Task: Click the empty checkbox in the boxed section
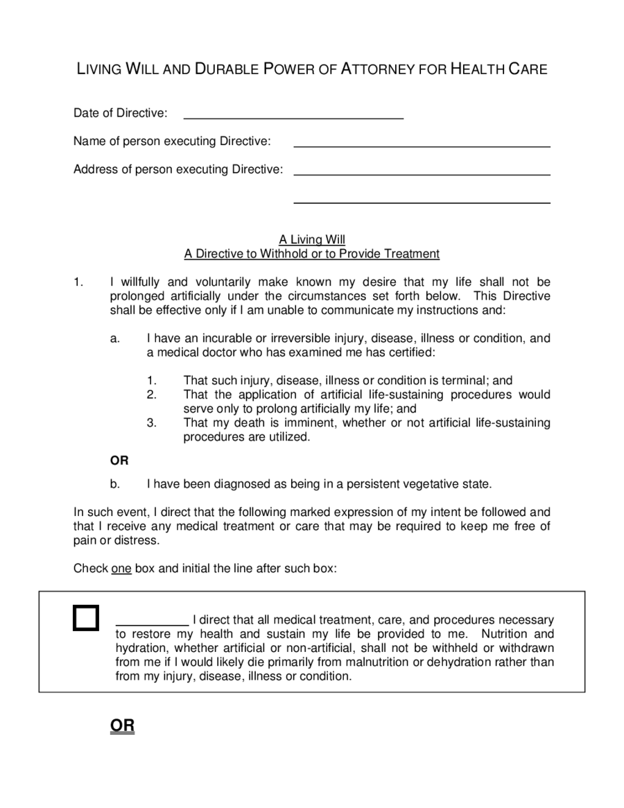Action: pyautogui.click(x=86, y=618)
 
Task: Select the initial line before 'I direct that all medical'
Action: pyautogui.click(x=152, y=622)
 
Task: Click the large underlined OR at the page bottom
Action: pyautogui.click(x=122, y=726)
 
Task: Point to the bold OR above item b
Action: pyautogui.click(x=119, y=460)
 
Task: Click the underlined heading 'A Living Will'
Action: pyautogui.click(x=312, y=240)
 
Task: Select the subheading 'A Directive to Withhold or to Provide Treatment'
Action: pyautogui.click(x=312, y=254)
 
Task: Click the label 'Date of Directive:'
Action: pyautogui.click(x=121, y=113)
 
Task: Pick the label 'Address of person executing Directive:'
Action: pyautogui.click(x=178, y=169)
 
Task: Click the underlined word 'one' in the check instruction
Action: pyautogui.click(x=121, y=569)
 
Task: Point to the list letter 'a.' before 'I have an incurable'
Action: pyautogui.click(x=115, y=338)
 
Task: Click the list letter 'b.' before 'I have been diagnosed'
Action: pyautogui.click(x=115, y=483)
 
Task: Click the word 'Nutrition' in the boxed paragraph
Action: pyautogui.click(x=505, y=634)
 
